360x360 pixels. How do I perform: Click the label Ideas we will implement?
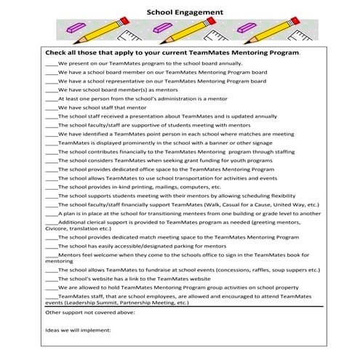pos(78,331)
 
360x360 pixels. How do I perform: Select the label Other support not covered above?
pos(89,313)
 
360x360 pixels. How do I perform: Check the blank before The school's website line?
pos(51,278)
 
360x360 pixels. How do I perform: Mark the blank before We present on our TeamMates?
pos(51,63)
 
